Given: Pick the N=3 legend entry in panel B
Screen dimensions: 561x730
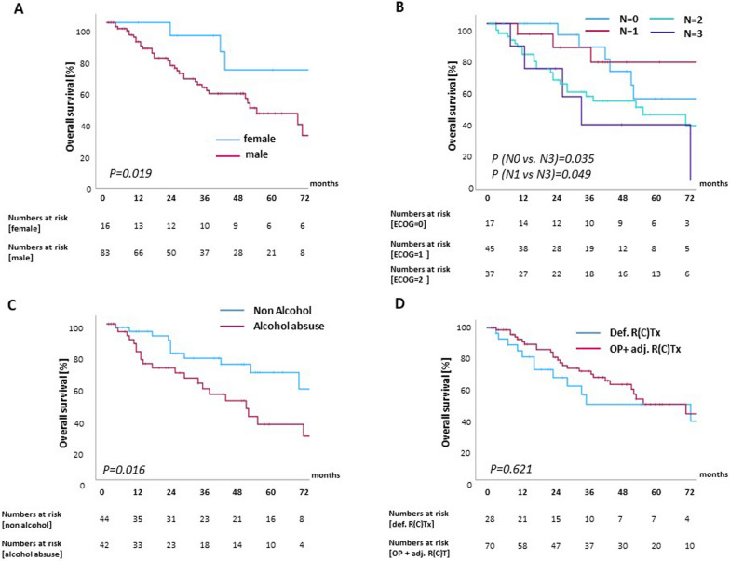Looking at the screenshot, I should click(x=680, y=33).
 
